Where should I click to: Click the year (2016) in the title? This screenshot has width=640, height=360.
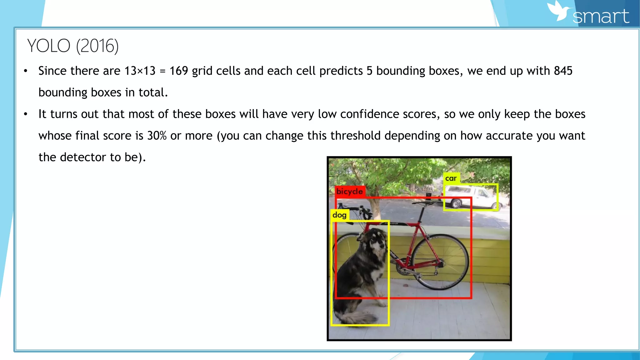[x=97, y=46]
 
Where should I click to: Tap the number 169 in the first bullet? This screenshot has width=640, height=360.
[x=178, y=71]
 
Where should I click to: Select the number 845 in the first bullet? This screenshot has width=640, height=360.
[x=563, y=71]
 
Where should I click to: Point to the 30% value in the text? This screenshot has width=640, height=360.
[x=157, y=136]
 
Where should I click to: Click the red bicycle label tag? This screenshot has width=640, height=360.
[x=350, y=191]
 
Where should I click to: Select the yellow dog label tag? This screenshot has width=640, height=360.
[x=339, y=215]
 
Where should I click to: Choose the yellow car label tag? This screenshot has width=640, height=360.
[x=451, y=178]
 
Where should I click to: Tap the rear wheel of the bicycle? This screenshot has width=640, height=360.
[x=440, y=262]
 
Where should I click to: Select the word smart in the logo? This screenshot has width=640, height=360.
[x=601, y=16]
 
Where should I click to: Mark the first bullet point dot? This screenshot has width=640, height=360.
[x=26, y=71]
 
